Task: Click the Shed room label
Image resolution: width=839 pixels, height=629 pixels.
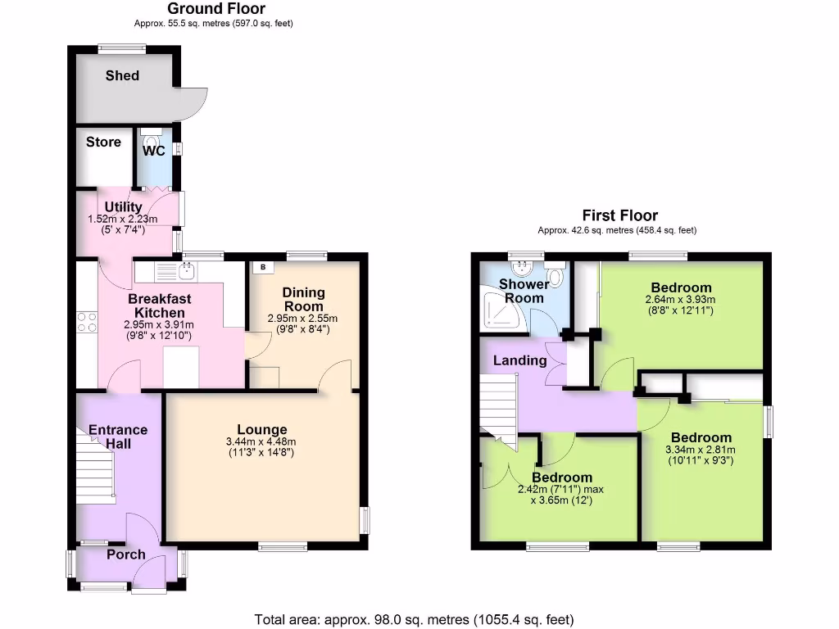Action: [122, 75]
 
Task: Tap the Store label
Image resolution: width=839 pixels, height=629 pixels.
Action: [103, 142]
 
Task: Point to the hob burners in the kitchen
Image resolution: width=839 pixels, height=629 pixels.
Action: [87, 322]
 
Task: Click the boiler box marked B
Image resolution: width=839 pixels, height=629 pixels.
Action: [263, 266]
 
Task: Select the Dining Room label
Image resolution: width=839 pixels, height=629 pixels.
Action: [303, 299]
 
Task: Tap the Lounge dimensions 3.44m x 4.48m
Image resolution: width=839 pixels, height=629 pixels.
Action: [262, 442]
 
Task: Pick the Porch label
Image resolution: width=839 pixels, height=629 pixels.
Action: [125, 554]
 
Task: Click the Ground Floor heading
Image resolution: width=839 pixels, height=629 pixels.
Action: [216, 9]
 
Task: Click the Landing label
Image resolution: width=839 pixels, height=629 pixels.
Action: [519, 360]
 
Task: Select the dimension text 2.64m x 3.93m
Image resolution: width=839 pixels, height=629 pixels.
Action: [681, 300]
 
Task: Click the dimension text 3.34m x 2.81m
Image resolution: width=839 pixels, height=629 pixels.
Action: [700, 449]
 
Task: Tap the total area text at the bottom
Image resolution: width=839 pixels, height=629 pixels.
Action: [414, 618]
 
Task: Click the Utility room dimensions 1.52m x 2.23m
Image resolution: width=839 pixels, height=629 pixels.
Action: [123, 219]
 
